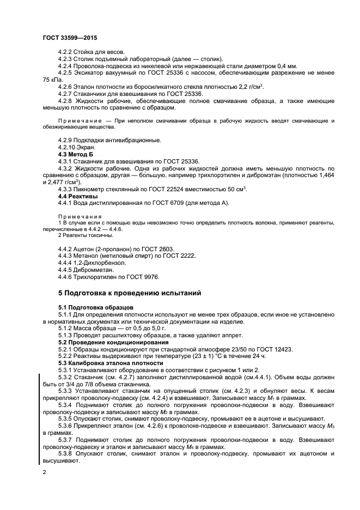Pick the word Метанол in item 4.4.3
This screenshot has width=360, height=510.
89,255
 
